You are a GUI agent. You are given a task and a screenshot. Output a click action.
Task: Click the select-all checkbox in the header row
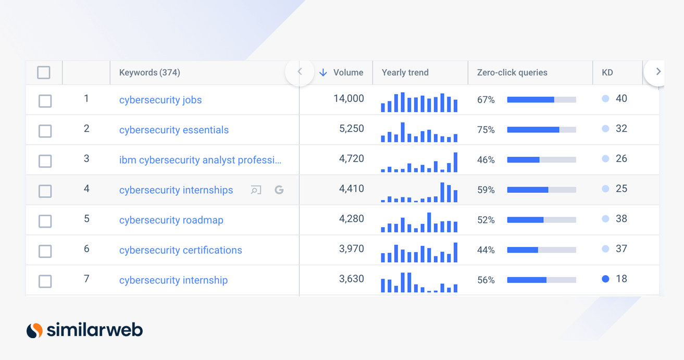click(44, 72)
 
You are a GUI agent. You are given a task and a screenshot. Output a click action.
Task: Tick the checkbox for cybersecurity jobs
click(45, 101)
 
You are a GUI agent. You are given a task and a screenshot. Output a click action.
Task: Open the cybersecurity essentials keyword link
click(174, 130)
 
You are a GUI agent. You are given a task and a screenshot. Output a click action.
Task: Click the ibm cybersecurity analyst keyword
click(200, 160)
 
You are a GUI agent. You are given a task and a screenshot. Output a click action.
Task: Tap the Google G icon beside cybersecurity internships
click(279, 190)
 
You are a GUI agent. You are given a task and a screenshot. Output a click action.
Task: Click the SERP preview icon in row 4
click(256, 190)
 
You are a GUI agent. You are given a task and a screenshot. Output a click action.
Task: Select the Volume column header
click(348, 72)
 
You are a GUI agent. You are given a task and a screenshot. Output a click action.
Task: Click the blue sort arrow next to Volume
click(323, 72)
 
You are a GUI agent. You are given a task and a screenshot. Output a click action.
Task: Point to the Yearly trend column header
click(405, 72)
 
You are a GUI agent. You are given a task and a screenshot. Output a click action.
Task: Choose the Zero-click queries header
click(512, 72)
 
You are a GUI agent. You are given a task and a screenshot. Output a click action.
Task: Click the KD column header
click(607, 72)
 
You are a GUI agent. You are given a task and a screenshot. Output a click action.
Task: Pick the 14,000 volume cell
click(349, 98)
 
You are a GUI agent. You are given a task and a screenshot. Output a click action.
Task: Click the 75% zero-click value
click(486, 130)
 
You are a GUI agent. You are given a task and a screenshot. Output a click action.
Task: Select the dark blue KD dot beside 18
click(605, 279)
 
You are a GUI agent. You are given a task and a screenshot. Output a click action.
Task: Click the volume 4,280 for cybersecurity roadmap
click(352, 219)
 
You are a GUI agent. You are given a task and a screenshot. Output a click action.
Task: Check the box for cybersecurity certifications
click(45, 251)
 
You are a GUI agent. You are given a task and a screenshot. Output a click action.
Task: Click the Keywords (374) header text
click(150, 72)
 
